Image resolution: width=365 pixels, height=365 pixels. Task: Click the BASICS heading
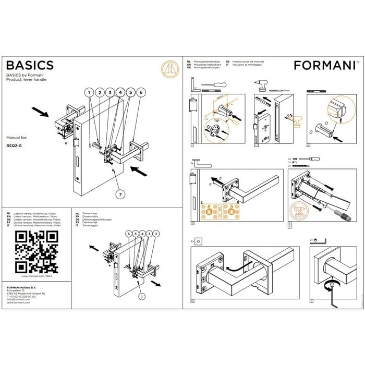tap(29, 65)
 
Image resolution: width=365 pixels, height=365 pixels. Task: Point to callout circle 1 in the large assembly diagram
tap(89, 92)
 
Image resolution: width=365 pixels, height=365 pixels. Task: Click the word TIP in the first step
tap(217, 120)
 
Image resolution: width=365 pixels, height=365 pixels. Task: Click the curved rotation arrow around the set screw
tap(328, 284)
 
